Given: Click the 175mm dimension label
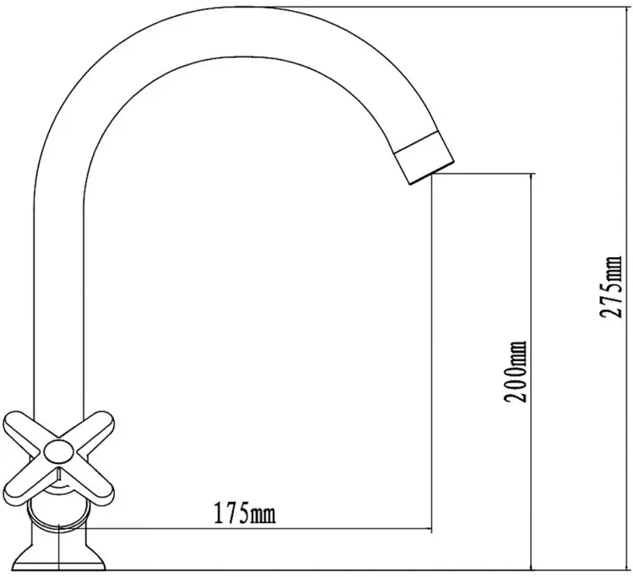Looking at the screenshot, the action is click(x=245, y=512).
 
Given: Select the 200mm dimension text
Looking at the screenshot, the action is click(x=516, y=372).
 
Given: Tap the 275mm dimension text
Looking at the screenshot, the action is click(x=609, y=287).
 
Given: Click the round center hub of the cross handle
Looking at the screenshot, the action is click(x=58, y=452).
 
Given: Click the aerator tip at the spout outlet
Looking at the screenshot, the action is click(x=424, y=159).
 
